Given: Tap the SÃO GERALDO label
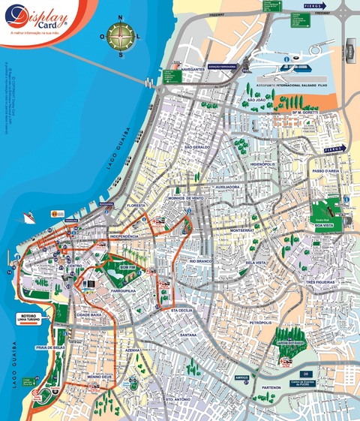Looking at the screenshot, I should (x=199, y=147).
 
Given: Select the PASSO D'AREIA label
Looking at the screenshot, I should (x=327, y=172).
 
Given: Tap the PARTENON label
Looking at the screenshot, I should (x=271, y=387).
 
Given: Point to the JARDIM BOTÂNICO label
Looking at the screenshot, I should (x=289, y=342).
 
